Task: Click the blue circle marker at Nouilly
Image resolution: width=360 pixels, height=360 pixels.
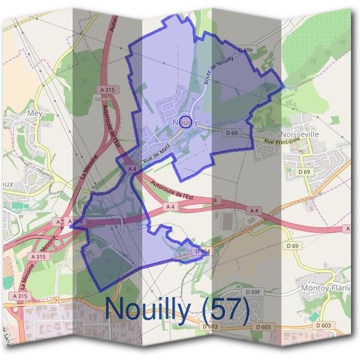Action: point(186,122)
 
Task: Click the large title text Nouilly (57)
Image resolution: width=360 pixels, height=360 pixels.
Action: point(177,308)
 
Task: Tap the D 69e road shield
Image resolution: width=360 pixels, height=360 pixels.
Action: point(246,49)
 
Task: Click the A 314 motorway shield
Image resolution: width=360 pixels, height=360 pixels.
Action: point(76,222)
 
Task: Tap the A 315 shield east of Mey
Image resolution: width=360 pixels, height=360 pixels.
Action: point(108,89)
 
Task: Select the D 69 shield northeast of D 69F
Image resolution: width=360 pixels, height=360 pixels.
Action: point(293,246)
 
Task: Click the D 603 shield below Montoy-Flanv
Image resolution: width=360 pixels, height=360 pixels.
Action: point(323,325)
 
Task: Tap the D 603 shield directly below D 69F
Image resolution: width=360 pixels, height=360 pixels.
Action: point(263,327)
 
